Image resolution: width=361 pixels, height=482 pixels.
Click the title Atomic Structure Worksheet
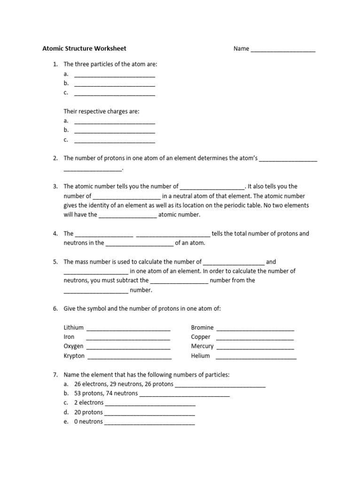point(84,48)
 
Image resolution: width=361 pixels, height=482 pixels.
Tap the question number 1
point(55,64)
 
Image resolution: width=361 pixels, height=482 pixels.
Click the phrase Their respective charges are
point(102,112)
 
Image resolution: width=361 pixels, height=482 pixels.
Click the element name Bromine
point(202,327)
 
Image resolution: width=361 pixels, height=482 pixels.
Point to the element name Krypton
point(74,356)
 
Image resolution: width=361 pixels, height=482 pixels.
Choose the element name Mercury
point(202,346)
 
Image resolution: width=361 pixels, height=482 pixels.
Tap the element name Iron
point(69,337)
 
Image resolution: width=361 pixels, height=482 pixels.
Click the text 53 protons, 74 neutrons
point(106,393)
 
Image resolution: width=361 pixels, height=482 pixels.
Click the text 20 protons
point(88,412)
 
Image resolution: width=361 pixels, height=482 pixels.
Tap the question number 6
point(55,308)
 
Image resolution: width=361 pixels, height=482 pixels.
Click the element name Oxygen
point(73,346)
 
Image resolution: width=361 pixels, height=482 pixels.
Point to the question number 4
point(55,233)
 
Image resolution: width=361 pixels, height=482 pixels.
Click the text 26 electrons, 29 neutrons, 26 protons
point(124,384)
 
